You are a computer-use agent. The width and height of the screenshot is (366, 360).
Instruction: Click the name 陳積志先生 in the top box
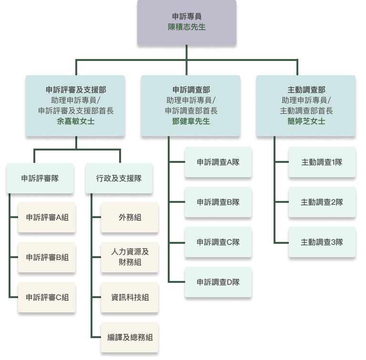click(x=187, y=27)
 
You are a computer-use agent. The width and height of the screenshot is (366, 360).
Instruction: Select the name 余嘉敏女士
click(x=76, y=121)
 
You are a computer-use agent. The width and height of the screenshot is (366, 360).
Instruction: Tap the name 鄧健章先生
click(x=191, y=121)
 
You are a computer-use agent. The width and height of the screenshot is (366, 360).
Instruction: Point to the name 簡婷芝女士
click(x=306, y=121)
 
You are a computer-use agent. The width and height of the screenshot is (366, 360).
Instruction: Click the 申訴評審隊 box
click(x=40, y=179)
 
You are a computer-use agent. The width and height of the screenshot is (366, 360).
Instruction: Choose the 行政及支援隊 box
click(x=119, y=179)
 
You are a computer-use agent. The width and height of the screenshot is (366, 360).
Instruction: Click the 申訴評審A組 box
click(x=47, y=218)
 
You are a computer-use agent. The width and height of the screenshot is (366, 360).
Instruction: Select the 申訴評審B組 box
click(x=47, y=258)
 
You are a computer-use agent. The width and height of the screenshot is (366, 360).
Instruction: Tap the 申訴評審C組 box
click(x=47, y=298)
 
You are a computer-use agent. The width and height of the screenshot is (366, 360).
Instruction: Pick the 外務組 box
click(x=130, y=218)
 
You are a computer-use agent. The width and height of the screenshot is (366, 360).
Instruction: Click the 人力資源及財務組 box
click(x=130, y=257)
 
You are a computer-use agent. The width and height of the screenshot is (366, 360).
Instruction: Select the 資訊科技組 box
click(x=130, y=298)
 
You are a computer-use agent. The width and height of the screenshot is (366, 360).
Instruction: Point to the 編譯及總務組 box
click(x=130, y=337)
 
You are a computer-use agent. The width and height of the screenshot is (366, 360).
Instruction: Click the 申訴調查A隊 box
click(x=218, y=162)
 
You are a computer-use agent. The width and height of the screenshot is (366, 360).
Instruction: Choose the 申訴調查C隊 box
click(x=218, y=242)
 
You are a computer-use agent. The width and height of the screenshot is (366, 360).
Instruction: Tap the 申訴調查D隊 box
click(x=218, y=282)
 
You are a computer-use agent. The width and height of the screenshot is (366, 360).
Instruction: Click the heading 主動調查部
click(x=306, y=90)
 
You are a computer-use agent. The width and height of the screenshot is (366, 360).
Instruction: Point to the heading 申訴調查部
click(x=191, y=90)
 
